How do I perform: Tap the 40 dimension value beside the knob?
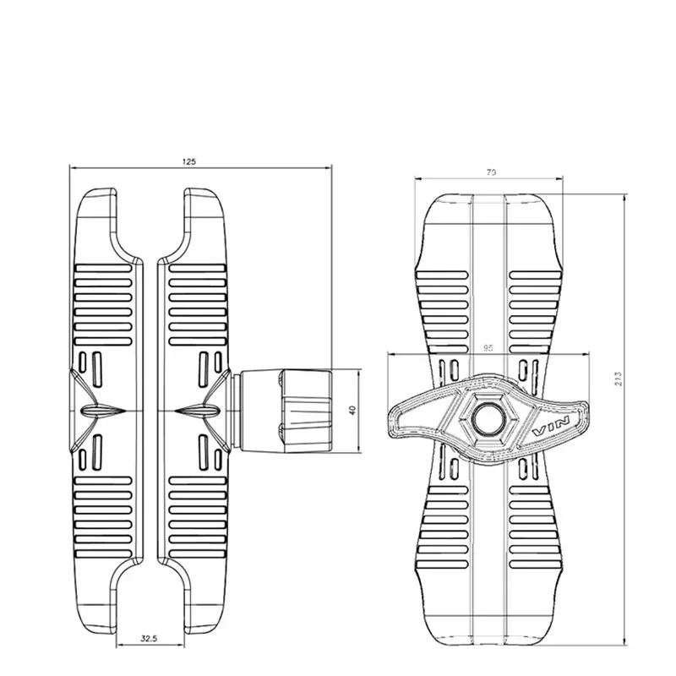[352, 408]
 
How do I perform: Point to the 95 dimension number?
[489, 346]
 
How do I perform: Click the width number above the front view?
[491, 172]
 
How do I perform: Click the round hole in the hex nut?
[488, 417]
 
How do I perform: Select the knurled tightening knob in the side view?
[307, 409]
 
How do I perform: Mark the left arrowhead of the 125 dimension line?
[71, 167]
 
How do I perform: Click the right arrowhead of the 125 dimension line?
[330, 167]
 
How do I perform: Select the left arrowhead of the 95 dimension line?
[389, 353]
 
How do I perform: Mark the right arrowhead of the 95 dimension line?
[589, 353]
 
